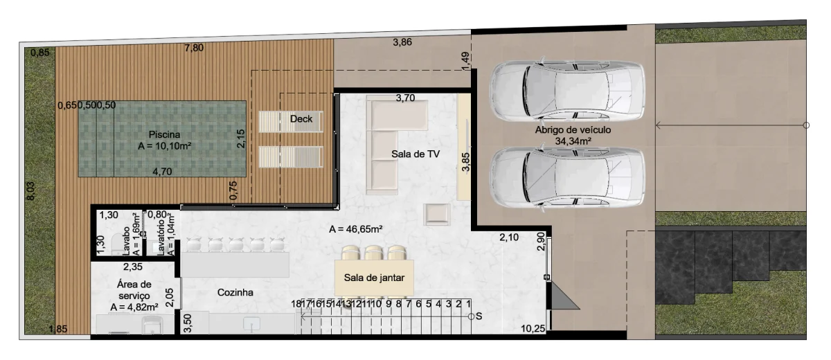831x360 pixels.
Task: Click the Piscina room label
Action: (x=164, y=134)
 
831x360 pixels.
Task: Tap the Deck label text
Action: (x=301, y=119)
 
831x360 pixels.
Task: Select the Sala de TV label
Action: (x=415, y=154)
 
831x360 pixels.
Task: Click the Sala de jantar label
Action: (x=374, y=278)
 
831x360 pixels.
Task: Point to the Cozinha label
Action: (x=235, y=293)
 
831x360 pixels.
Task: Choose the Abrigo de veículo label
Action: (x=573, y=129)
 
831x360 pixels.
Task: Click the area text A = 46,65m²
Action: (x=356, y=229)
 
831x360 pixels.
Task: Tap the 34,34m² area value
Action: (x=573, y=141)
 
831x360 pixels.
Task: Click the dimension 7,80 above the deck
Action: (x=194, y=48)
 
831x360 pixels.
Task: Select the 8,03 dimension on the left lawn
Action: (x=30, y=191)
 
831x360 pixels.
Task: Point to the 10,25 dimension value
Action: (x=533, y=328)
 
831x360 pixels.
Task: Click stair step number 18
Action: (x=296, y=304)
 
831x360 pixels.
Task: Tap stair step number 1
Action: (x=468, y=304)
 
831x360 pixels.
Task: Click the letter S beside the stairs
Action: (x=479, y=316)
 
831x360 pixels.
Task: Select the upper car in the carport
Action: (x=566, y=91)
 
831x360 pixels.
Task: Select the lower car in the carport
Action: (x=566, y=179)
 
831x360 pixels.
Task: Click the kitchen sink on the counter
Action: (x=251, y=324)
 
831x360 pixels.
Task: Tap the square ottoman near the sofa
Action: (x=437, y=215)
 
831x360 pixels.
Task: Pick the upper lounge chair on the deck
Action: (x=291, y=121)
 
